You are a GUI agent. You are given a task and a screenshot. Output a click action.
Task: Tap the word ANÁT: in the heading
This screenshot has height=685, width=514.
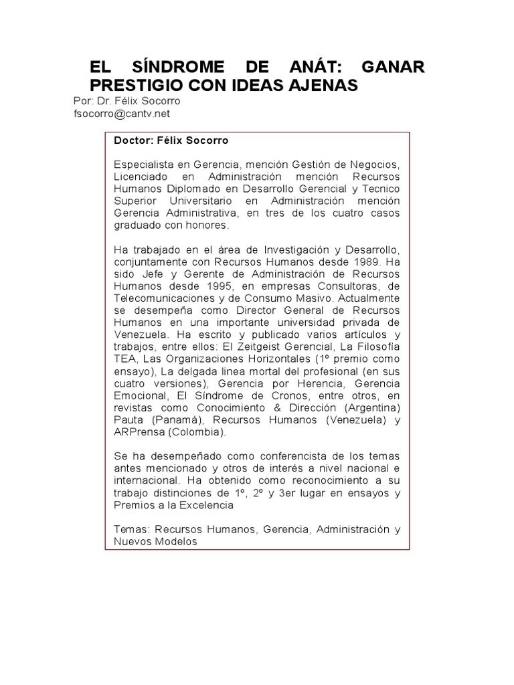(307, 68)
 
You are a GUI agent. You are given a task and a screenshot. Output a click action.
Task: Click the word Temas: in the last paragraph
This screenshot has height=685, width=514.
(131, 530)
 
